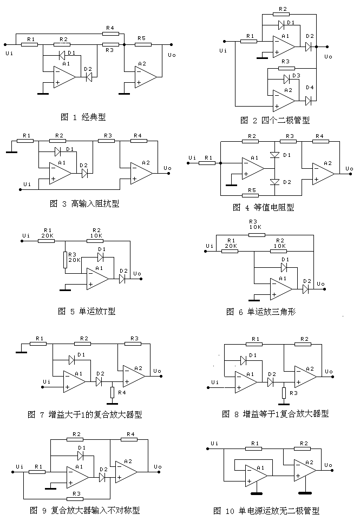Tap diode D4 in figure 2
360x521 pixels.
pos(309,101)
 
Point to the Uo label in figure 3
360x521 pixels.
pos(167,168)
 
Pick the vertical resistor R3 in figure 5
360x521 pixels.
pos(65,260)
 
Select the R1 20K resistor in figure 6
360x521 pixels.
pos(231,252)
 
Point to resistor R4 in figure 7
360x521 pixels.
pos(112,392)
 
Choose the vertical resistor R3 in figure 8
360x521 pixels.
pos(283,392)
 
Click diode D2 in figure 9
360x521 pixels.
pos(102,477)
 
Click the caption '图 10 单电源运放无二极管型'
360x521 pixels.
pos(266,510)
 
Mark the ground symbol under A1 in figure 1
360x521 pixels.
pos(43,93)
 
